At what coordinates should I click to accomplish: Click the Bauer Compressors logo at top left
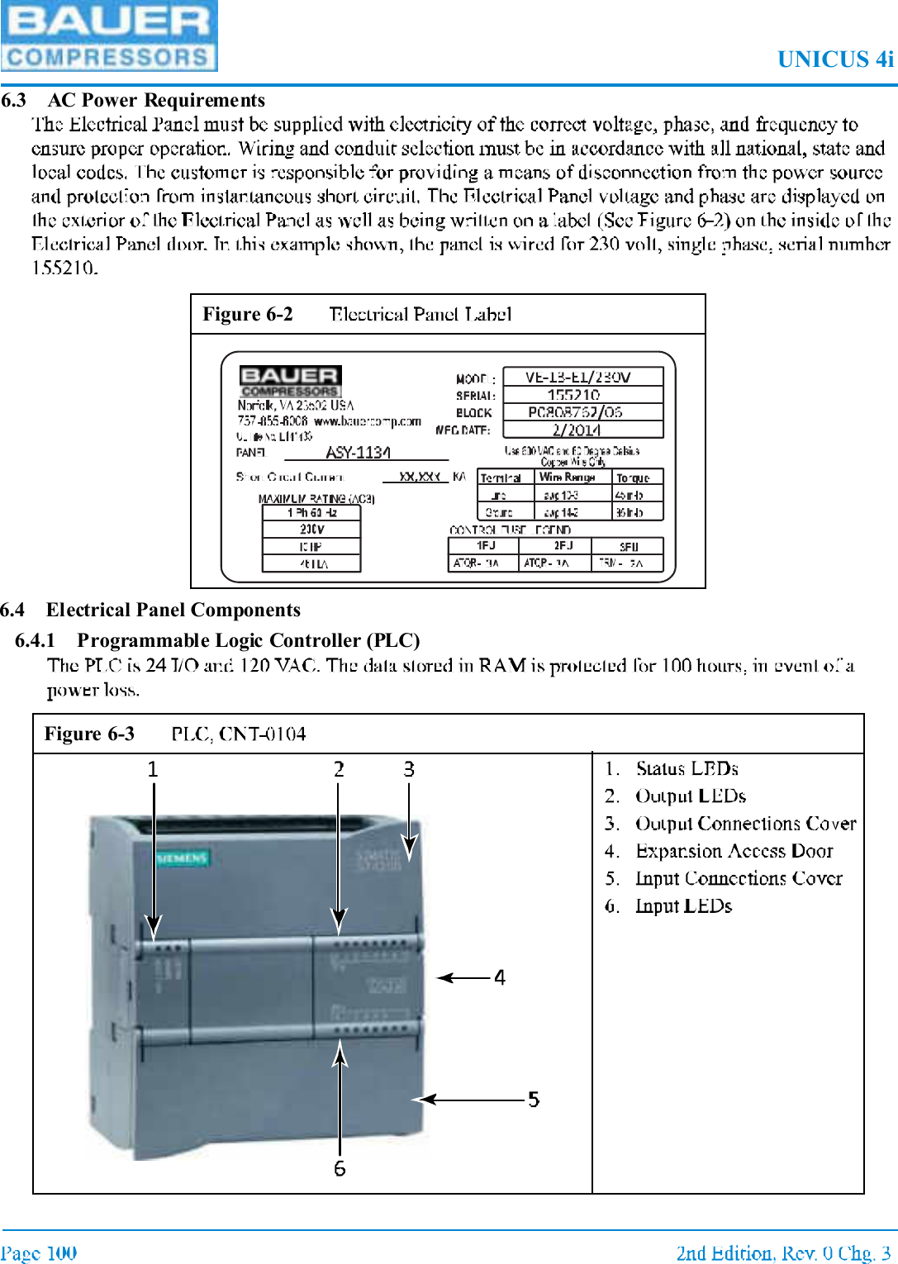109,36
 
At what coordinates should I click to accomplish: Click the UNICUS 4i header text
834,59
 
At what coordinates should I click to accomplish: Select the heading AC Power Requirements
156,100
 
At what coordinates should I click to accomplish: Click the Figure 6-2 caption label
248,314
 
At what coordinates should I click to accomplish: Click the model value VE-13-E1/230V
578,377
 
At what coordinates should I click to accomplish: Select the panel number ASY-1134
358,452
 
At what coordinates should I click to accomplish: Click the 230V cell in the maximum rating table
311,529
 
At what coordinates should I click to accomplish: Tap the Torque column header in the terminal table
633,478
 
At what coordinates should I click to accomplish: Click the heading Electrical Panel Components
173,610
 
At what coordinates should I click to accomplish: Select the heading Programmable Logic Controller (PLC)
248,640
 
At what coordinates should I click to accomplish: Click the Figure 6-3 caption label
89,734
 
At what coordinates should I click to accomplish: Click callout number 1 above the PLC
153,769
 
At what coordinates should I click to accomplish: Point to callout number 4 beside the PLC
500,977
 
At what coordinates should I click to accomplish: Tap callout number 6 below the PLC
340,1168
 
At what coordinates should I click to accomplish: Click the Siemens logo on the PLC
183,858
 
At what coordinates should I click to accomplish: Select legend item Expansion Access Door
734,851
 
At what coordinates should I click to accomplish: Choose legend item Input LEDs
683,905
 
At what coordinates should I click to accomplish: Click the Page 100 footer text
39,1252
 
